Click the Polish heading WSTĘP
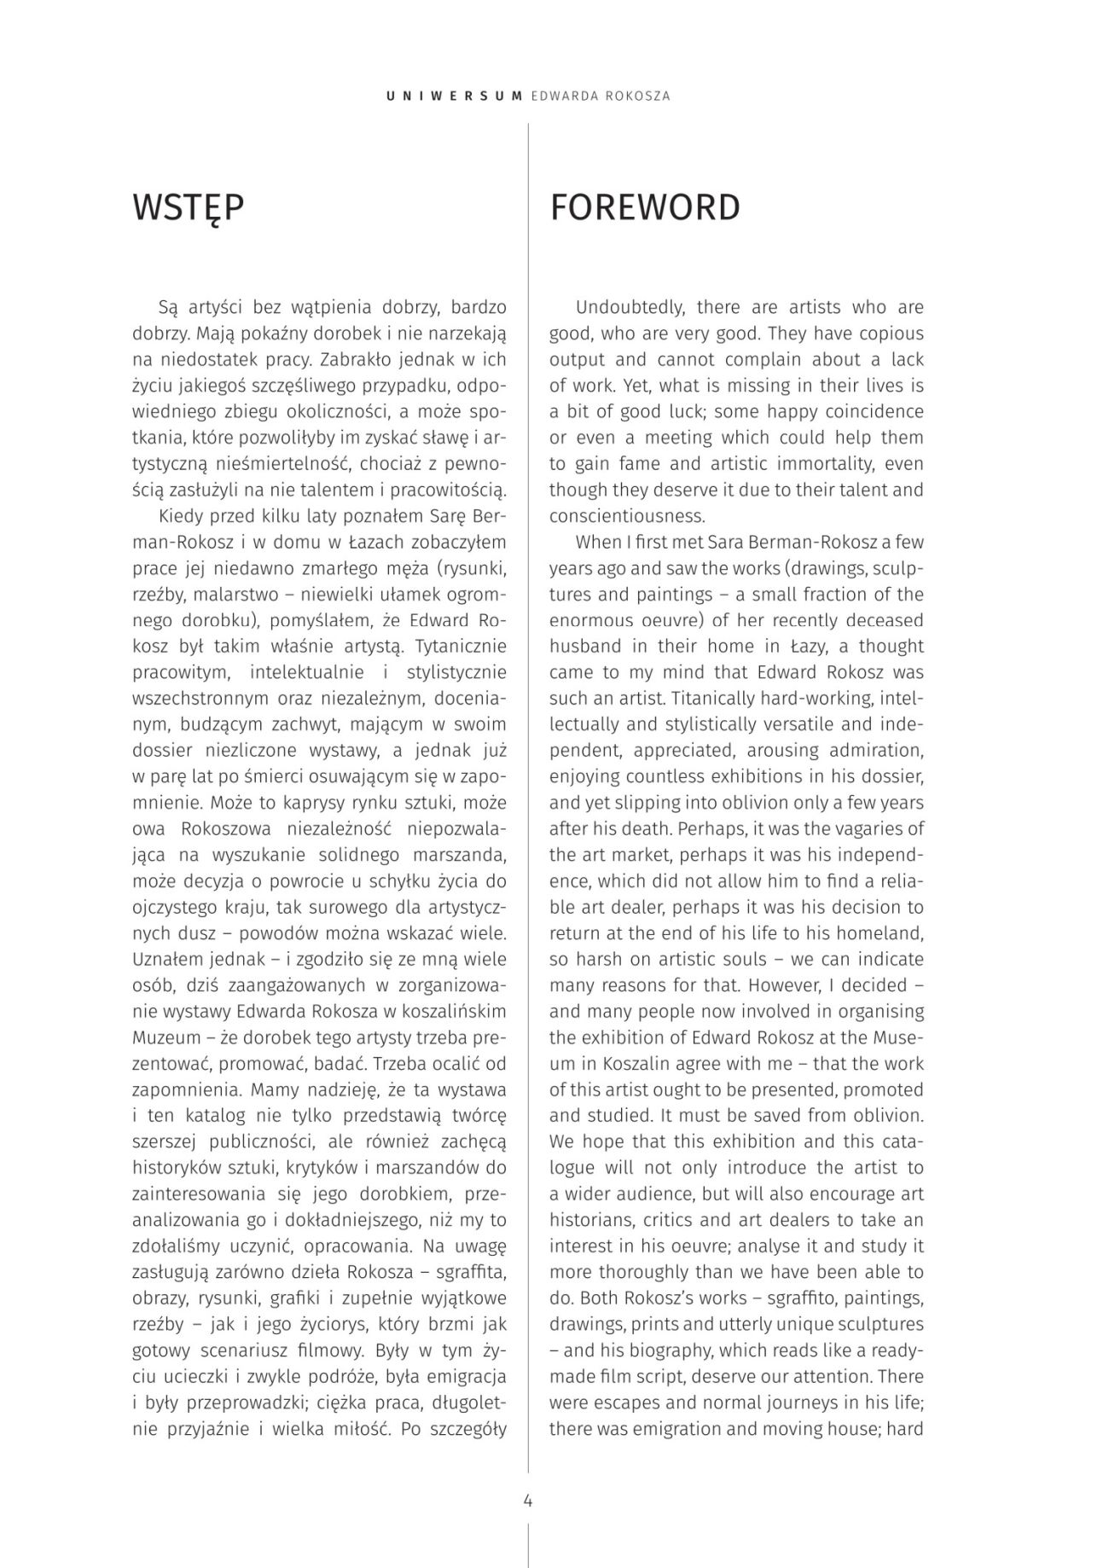click(189, 208)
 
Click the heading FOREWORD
click(645, 208)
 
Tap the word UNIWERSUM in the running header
click(454, 96)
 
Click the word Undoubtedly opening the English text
click(630, 307)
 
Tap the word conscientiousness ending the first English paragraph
click(627, 516)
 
